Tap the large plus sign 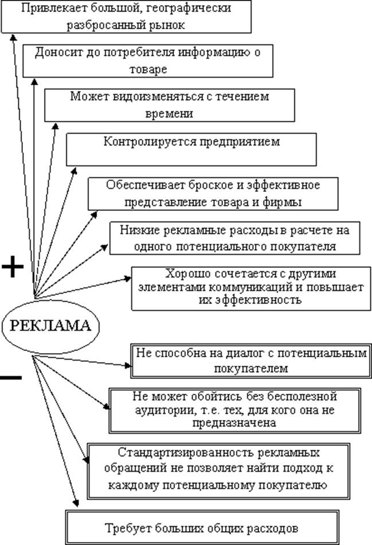tap(12, 267)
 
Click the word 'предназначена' tap(228, 423)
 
